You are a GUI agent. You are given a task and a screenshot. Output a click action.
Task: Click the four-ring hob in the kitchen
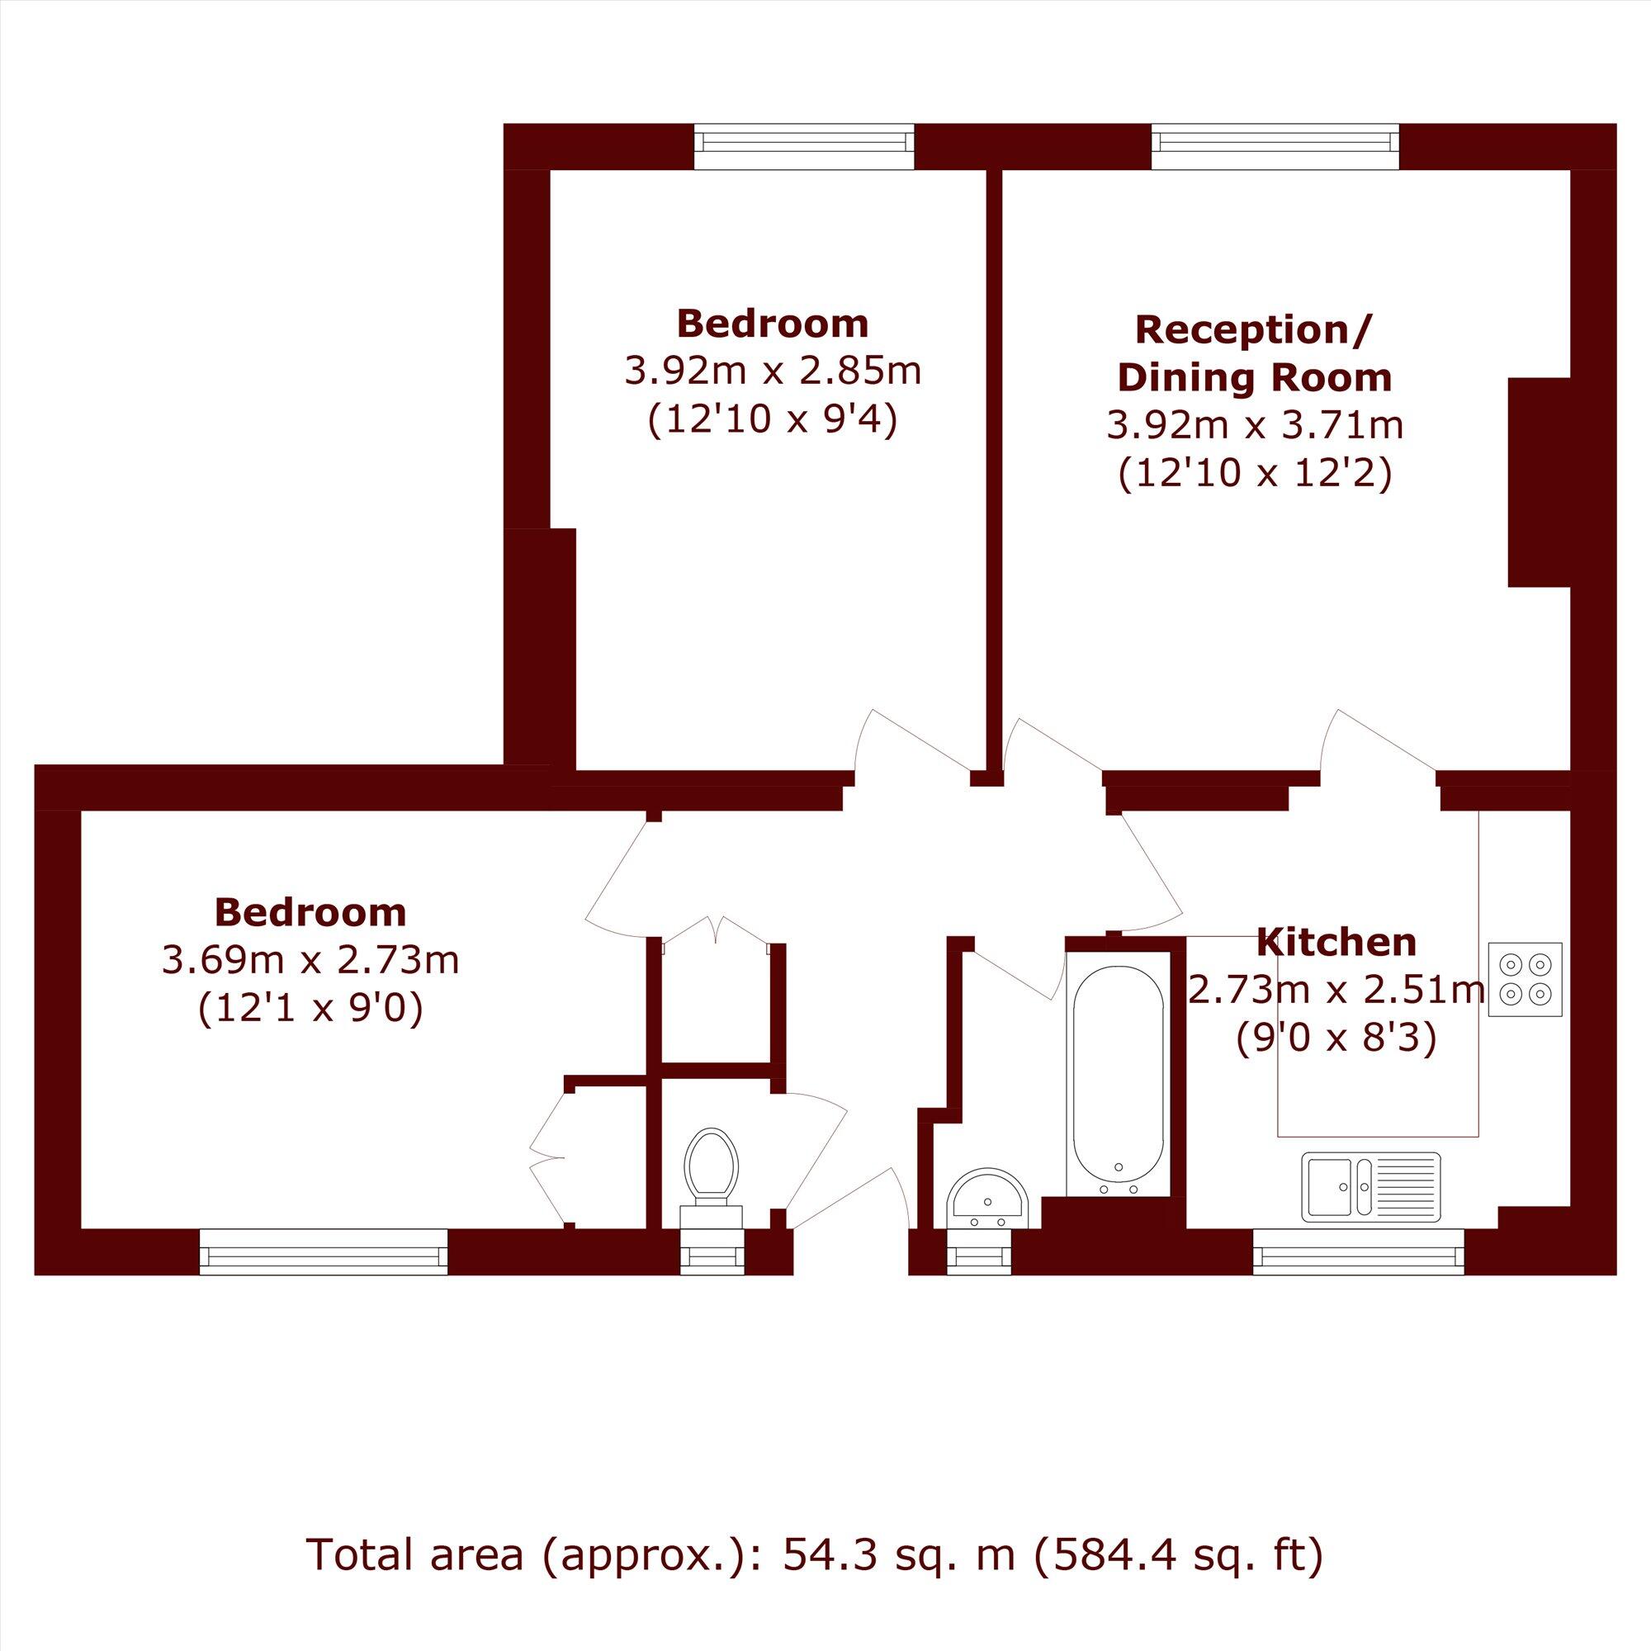coord(1526,979)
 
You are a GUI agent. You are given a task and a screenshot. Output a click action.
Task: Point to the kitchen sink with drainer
coord(1370,1186)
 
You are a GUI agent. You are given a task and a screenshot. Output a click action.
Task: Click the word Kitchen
coord(1336,943)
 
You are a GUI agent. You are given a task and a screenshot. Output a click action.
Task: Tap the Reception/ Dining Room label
coord(1255,353)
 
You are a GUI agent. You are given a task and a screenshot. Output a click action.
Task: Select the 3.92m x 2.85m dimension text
coord(773,371)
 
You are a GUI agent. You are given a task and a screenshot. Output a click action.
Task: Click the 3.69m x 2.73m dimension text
coord(311,962)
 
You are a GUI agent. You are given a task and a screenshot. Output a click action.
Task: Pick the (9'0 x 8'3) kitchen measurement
coord(1336,1038)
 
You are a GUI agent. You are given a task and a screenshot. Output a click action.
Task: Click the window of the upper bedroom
coord(803,147)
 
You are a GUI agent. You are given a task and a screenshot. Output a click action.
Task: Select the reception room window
coord(1275,147)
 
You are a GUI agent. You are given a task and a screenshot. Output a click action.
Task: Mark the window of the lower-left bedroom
coord(323,1253)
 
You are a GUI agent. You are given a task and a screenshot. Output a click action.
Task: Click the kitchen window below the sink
coord(1358,1253)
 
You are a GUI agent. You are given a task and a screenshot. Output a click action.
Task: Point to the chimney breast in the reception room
coord(1539,482)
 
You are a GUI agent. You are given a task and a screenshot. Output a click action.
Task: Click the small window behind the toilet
coord(712,1253)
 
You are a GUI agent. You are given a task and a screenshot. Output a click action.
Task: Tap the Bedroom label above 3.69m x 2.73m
coord(311,913)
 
